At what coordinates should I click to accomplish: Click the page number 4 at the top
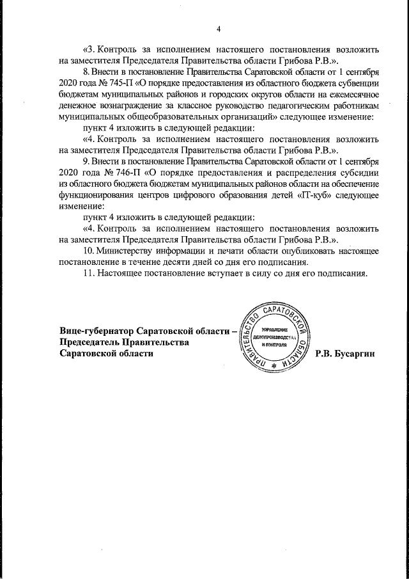click(x=218, y=29)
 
